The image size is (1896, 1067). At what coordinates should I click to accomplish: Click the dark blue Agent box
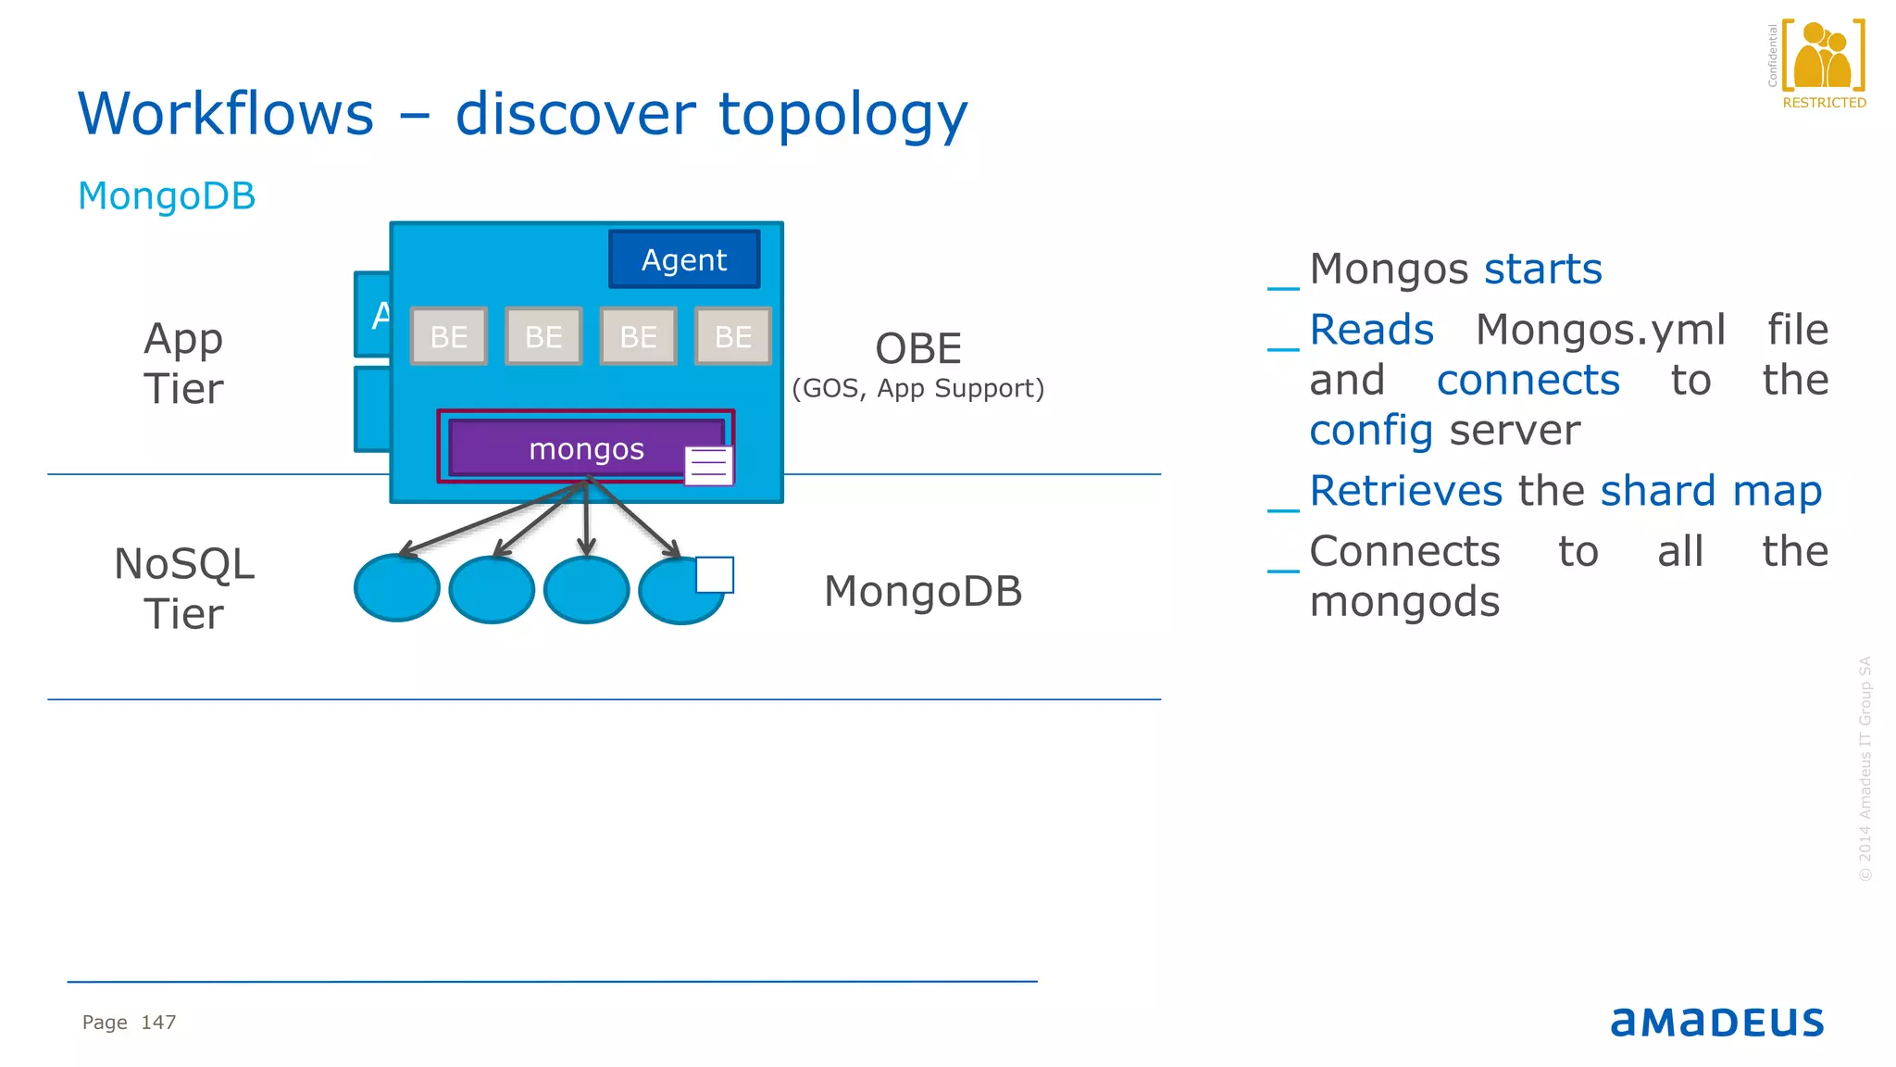tap(684, 259)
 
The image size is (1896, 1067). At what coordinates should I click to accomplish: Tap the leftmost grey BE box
tap(449, 336)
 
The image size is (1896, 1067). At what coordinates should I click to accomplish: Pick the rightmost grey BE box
tap(733, 336)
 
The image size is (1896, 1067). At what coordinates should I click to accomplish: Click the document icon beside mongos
tap(708, 465)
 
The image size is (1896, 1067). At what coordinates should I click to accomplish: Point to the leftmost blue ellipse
tap(397, 589)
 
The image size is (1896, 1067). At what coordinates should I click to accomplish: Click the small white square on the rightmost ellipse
tap(715, 574)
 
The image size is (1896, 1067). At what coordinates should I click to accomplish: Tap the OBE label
tap(918, 349)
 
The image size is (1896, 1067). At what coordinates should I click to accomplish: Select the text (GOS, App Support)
tap(918, 388)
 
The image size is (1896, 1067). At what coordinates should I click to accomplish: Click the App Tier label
tap(183, 363)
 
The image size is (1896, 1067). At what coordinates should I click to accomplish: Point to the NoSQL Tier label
tap(183, 589)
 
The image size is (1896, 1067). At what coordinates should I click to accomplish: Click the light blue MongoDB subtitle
tap(167, 196)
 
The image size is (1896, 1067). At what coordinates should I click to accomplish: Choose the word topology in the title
tap(842, 114)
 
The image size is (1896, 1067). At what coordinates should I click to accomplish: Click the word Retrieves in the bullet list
tap(1405, 491)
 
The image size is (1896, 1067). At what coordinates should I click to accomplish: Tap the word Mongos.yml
tap(1601, 330)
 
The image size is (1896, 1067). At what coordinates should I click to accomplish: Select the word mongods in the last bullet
tap(1404, 602)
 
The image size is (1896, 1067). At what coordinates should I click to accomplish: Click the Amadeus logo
tap(1717, 1022)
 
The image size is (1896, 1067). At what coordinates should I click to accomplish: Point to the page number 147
tap(158, 1023)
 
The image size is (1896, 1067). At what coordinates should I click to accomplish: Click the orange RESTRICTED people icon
tap(1823, 58)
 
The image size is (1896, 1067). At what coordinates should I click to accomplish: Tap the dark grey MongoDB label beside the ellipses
tap(923, 592)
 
